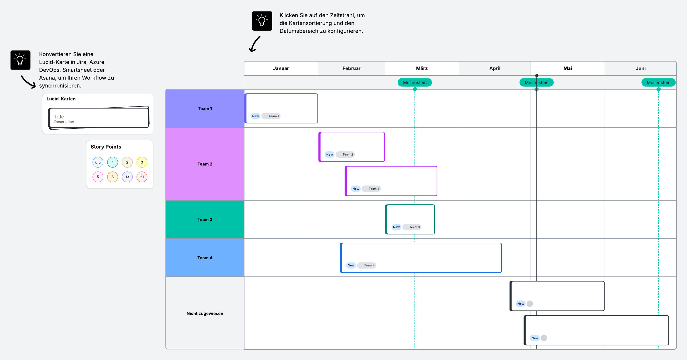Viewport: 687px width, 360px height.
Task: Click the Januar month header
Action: (x=281, y=68)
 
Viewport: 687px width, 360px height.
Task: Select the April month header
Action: (x=495, y=68)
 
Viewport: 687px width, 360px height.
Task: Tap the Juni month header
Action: (x=640, y=68)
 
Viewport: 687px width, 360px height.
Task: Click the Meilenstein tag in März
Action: (x=415, y=82)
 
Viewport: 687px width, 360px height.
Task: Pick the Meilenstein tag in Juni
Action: (x=658, y=82)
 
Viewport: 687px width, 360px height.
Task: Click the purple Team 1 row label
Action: (x=205, y=108)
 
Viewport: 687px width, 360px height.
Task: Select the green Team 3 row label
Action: (x=205, y=219)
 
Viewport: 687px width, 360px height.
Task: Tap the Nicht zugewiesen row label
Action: (x=205, y=313)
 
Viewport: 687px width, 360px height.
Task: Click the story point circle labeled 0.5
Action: (x=98, y=162)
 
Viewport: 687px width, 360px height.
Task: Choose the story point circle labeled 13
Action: (x=127, y=177)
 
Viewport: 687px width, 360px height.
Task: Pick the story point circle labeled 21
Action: (x=142, y=177)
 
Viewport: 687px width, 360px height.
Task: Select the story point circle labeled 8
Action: (x=112, y=177)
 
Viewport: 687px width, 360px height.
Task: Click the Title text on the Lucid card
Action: (x=59, y=117)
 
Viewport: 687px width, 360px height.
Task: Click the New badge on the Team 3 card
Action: (x=396, y=227)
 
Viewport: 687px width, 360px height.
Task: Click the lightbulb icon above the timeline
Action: (x=262, y=21)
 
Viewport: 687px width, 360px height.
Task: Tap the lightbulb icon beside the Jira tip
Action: (x=20, y=60)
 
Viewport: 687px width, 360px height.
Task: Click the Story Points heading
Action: (x=106, y=147)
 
